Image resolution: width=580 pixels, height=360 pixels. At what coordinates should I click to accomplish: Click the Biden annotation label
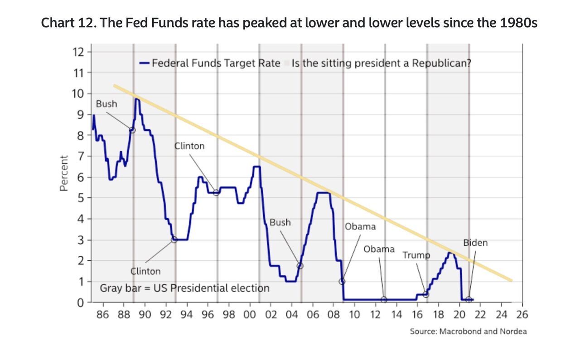[x=475, y=243]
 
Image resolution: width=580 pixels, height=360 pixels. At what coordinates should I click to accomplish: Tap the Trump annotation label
[x=416, y=255]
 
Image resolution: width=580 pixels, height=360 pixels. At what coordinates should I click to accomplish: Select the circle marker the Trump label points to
[x=426, y=294]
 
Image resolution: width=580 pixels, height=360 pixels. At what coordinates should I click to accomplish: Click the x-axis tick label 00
[x=250, y=315]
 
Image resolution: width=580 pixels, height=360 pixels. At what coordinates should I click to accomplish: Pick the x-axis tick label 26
[x=522, y=315]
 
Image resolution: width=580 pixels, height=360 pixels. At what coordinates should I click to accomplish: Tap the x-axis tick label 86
[x=103, y=315]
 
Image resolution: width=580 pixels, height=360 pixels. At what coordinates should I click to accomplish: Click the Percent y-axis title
[x=64, y=173]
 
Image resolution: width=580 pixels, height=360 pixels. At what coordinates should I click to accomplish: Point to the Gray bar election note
[x=184, y=288]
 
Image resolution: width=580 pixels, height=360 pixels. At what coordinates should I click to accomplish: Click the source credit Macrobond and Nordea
[x=469, y=331]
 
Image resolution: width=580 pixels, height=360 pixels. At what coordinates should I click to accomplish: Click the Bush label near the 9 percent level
[x=106, y=104]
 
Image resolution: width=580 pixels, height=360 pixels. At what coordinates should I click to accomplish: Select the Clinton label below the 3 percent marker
[x=145, y=271]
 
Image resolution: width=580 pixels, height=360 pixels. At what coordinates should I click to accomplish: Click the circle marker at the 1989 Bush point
[x=132, y=130]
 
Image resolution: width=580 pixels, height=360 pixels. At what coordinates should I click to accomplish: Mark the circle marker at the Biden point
[x=469, y=299]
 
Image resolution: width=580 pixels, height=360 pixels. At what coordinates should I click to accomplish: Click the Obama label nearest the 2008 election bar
[x=360, y=226]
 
